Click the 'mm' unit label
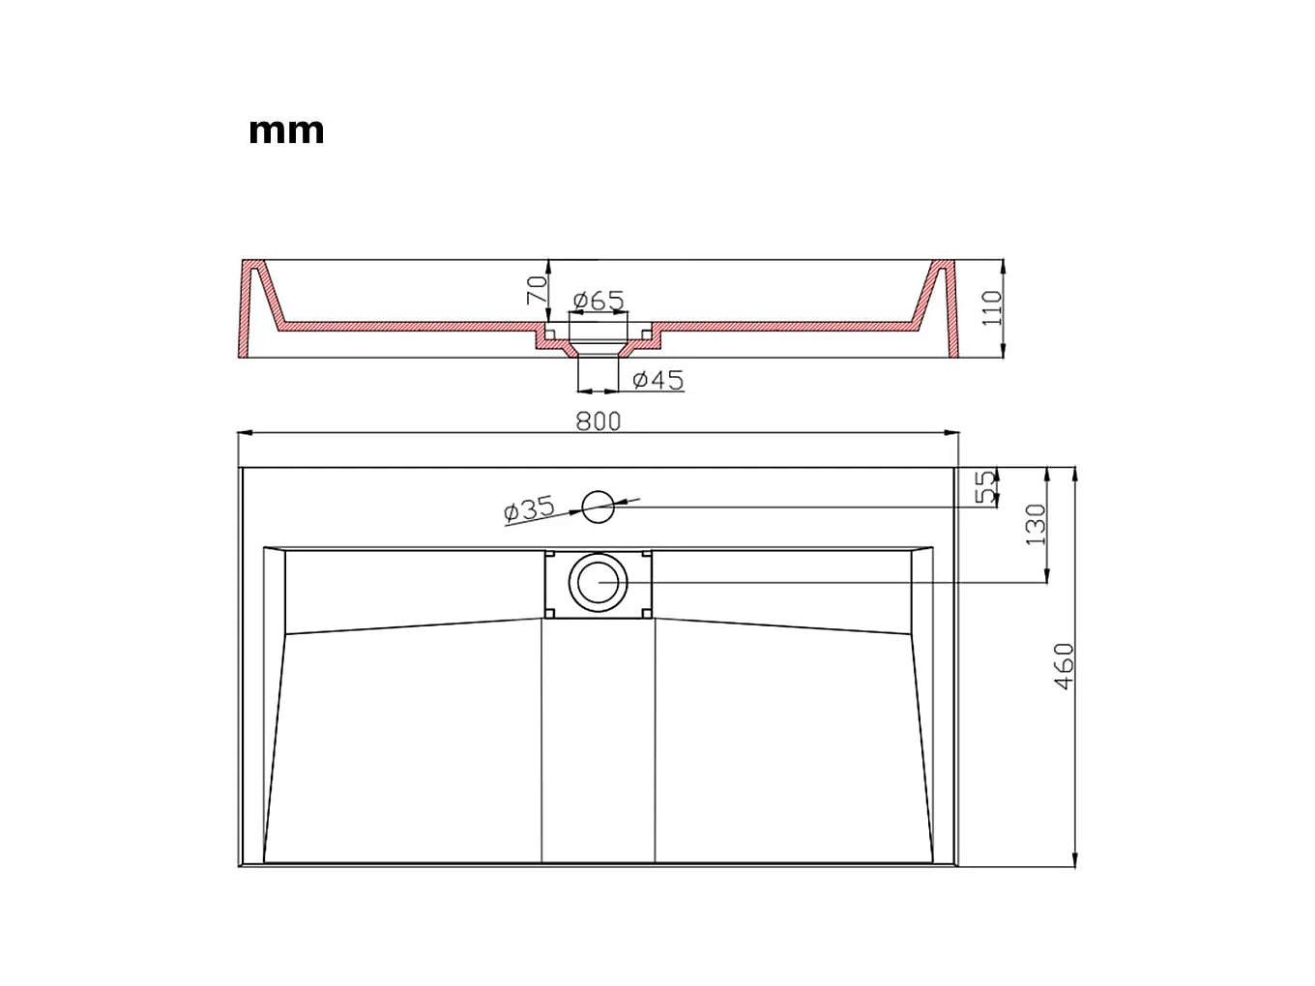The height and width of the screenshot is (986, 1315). click(x=286, y=130)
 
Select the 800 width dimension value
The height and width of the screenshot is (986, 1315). click(x=599, y=421)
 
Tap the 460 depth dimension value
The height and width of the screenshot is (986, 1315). click(x=1064, y=666)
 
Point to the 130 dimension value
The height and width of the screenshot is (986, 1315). click(x=1036, y=525)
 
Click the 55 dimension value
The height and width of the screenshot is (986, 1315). click(x=985, y=487)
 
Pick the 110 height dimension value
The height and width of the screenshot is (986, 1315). click(x=993, y=308)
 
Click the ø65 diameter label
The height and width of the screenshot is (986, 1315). click(x=598, y=301)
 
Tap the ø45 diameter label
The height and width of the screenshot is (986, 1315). click(x=657, y=380)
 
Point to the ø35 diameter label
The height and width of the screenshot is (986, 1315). click(x=529, y=508)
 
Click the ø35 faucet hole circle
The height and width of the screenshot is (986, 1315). click(x=598, y=505)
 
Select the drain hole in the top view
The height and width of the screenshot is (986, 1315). click(x=599, y=582)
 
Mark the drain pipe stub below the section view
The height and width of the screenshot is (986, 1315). click(x=598, y=372)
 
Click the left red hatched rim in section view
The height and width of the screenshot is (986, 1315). click(x=251, y=309)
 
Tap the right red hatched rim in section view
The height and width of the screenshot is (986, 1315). click(x=946, y=309)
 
